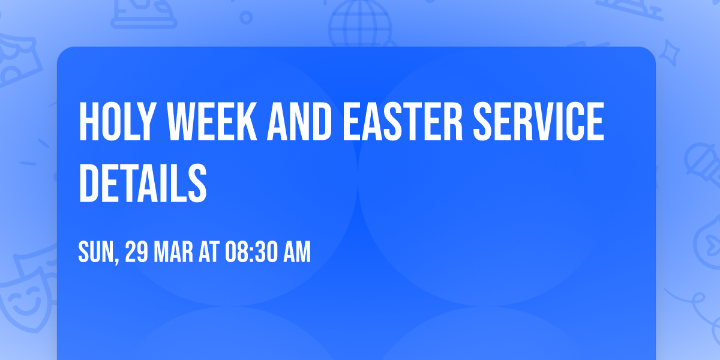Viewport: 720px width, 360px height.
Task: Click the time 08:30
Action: [251, 253]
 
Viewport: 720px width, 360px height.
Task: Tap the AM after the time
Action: [298, 253]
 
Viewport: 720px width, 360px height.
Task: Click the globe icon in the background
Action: [359, 24]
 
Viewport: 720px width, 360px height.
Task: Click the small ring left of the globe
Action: [246, 18]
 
